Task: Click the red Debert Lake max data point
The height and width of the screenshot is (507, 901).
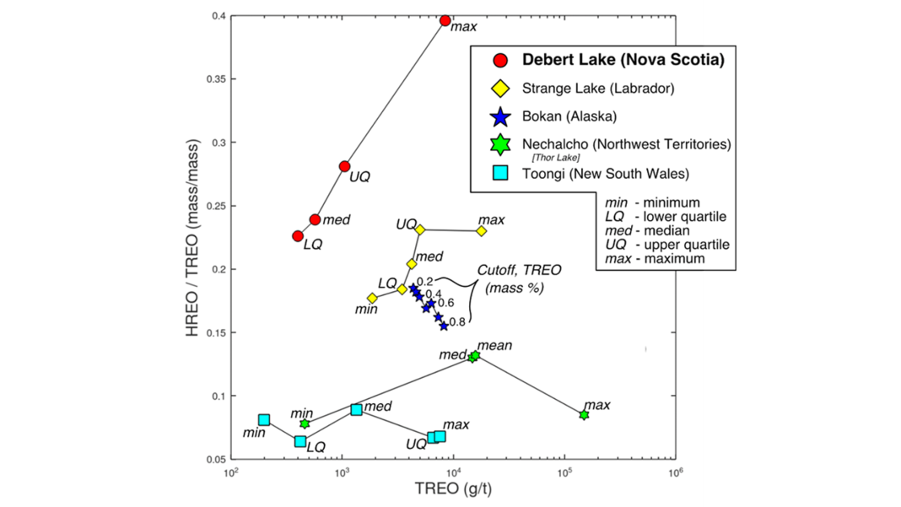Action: point(445,20)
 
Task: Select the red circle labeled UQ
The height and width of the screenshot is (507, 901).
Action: point(344,166)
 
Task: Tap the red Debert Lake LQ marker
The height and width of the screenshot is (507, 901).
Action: point(298,236)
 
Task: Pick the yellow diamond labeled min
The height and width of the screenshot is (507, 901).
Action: point(372,298)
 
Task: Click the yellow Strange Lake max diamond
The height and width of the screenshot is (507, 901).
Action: point(482,230)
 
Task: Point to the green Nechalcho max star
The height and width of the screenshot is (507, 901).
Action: point(584,415)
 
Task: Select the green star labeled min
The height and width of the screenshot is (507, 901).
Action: point(305,423)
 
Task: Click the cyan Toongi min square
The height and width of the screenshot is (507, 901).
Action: point(264,419)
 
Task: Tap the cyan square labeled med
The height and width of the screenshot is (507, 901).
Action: point(357,409)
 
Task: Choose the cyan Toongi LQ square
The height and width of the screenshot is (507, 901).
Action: point(300,441)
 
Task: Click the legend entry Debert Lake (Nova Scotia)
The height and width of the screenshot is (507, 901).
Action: point(623,60)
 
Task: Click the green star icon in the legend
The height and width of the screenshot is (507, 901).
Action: point(500,144)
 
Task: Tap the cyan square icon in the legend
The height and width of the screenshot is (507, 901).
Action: point(500,174)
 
